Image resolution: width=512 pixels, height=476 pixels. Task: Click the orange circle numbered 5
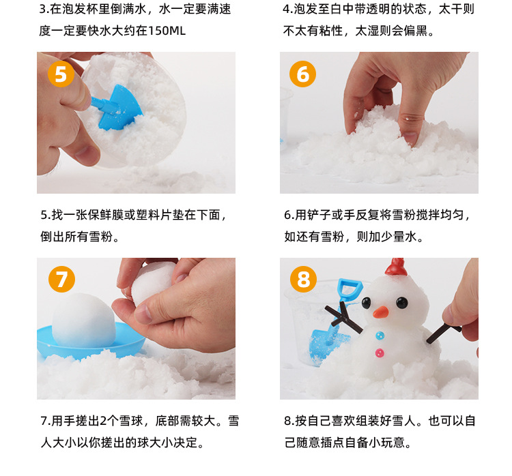point(61,74)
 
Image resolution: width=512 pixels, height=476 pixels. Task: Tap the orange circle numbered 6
point(302,74)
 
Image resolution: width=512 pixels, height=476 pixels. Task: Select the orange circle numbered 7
point(61,280)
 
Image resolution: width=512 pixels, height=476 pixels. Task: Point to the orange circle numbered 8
point(303,280)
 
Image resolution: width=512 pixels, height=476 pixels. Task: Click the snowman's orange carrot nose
point(381,312)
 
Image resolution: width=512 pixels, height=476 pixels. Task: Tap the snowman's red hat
point(396,267)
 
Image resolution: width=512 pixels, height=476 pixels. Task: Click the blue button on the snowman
point(380,336)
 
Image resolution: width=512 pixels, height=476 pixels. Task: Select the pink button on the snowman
point(380,353)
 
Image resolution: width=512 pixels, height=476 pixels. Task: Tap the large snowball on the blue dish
point(84,321)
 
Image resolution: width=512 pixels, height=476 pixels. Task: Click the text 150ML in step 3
point(167,31)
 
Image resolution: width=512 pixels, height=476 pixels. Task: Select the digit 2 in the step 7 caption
point(103,421)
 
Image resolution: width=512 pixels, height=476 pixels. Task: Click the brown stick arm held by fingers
point(444,333)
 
